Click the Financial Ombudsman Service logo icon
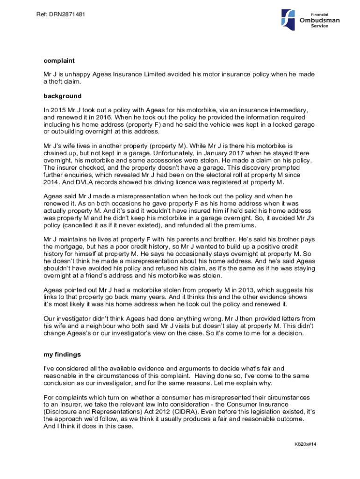pos(288,20)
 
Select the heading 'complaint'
pos(59,61)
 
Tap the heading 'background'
pos(63,96)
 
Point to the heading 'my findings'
pos(62,354)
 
